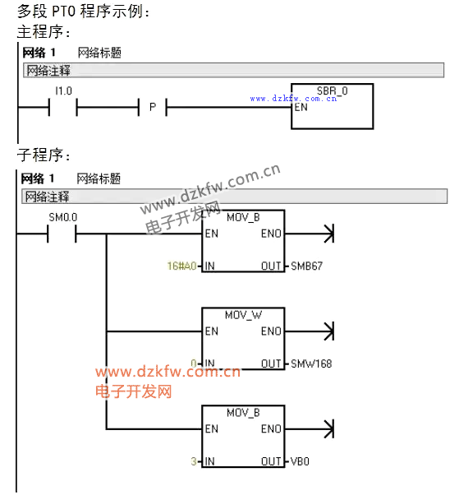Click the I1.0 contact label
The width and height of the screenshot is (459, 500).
[x=63, y=91]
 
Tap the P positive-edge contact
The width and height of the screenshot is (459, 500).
[x=153, y=107]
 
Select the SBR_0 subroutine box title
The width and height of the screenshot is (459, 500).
[x=332, y=91]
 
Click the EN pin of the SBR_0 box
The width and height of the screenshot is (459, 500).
[x=301, y=107]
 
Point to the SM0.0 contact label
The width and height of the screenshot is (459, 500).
[x=62, y=217]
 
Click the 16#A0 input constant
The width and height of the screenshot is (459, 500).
[x=181, y=266]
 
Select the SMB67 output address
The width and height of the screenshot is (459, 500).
[x=306, y=266]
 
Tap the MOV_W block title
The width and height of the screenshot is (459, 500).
[x=243, y=315]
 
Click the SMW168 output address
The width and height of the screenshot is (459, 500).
[x=311, y=363]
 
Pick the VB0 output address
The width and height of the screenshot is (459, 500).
[x=300, y=461]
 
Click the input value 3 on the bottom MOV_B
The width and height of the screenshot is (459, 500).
[x=194, y=461]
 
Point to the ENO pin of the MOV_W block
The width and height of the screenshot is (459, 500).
[x=271, y=331]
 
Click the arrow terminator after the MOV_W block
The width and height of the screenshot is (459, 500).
[x=329, y=331]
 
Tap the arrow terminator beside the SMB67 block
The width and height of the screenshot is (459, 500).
[x=329, y=234]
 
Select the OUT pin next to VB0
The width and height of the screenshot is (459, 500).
[x=271, y=461]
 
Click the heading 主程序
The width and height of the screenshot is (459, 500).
[x=40, y=32]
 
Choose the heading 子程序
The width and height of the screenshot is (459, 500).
[x=40, y=155]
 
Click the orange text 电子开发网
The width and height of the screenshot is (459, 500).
[x=133, y=391]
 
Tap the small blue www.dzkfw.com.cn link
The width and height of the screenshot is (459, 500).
[x=293, y=98]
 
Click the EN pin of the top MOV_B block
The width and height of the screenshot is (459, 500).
[x=212, y=234]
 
